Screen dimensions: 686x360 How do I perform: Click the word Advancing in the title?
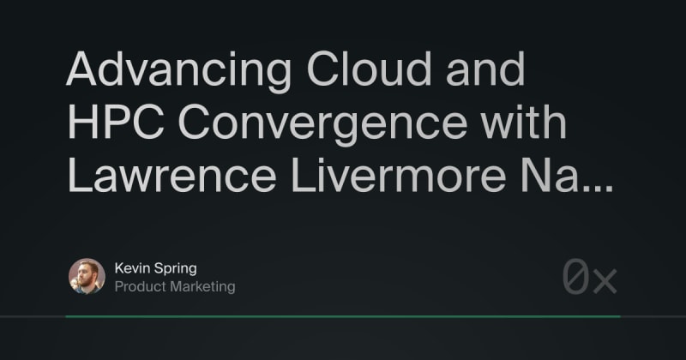(178, 71)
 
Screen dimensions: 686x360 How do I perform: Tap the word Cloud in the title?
(369, 69)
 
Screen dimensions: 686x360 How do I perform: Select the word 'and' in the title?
(485, 69)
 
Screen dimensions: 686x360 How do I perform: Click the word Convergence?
(322, 125)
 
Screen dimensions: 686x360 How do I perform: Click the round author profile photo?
(87, 276)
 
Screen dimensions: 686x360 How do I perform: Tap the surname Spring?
(176, 269)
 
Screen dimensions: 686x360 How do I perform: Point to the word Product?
(141, 286)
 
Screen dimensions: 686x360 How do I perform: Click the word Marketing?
(202, 287)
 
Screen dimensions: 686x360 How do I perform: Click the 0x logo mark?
(589, 277)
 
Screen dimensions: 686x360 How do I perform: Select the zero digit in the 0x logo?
(575, 277)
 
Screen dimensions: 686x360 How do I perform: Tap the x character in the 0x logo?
(605, 281)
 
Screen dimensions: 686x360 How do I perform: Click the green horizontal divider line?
(343, 316)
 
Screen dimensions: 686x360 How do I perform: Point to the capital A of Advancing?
(81, 69)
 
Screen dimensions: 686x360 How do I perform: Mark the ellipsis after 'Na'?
(599, 189)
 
